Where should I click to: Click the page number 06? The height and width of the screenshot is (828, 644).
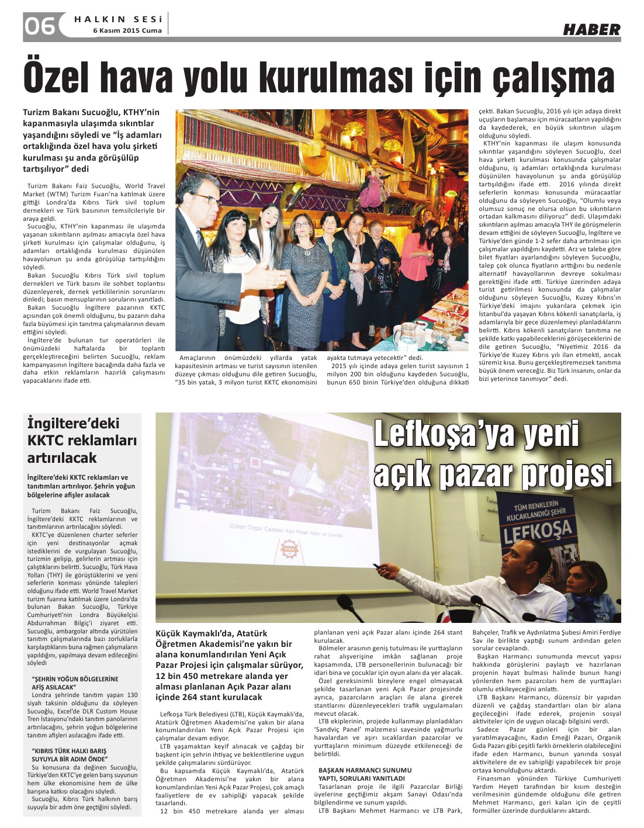(x=39, y=26)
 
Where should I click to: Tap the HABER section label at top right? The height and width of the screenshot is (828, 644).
(x=591, y=29)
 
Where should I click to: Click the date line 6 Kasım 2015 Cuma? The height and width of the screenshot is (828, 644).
(x=127, y=31)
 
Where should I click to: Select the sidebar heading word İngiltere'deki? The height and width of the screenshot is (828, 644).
(x=73, y=424)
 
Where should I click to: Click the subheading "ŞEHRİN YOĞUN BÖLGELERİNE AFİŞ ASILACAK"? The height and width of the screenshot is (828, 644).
(x=75, y=683)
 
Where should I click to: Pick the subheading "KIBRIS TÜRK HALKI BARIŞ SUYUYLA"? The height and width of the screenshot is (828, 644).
(x=69, y=754)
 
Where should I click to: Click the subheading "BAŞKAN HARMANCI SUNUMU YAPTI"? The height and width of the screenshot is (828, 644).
(x=365, y=774)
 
